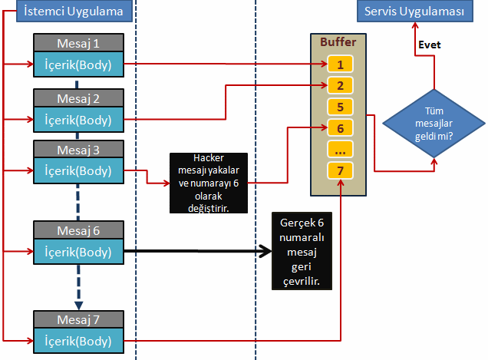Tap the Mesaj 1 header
[78, 43]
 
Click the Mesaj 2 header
[78, 97]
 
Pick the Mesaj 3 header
[78, 148]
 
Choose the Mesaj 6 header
[78, 229]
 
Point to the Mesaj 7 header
[78, 318]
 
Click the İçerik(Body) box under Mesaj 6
[78, 250]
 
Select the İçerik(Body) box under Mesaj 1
[78, 64]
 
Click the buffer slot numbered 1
[340, 64]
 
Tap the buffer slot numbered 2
[340, 85]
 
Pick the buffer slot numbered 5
[340, 107]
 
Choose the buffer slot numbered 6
[340, 127]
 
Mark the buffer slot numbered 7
[340, 170]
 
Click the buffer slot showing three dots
[340, 149]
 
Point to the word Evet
[429, 45]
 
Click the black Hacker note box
[208, 183]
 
